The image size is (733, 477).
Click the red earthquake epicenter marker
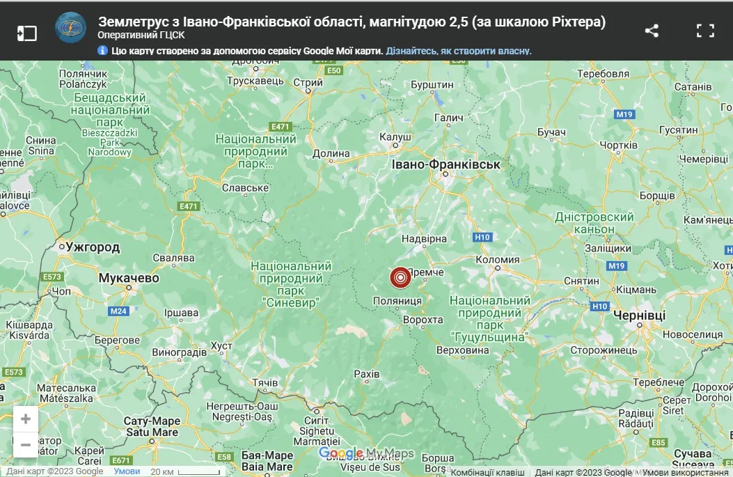400,278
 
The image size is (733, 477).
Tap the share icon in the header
652,31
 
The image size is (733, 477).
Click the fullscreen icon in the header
705,31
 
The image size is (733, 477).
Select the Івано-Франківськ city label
446,164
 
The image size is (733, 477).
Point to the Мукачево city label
129,278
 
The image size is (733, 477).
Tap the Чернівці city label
639,315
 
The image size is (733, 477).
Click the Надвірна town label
424,239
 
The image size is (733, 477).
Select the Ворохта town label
423,320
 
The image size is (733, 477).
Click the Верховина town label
462,350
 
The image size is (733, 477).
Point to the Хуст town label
221,345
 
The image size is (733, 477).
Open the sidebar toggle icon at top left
26,33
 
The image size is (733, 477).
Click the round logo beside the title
71,29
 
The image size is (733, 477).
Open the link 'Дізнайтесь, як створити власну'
459,51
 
